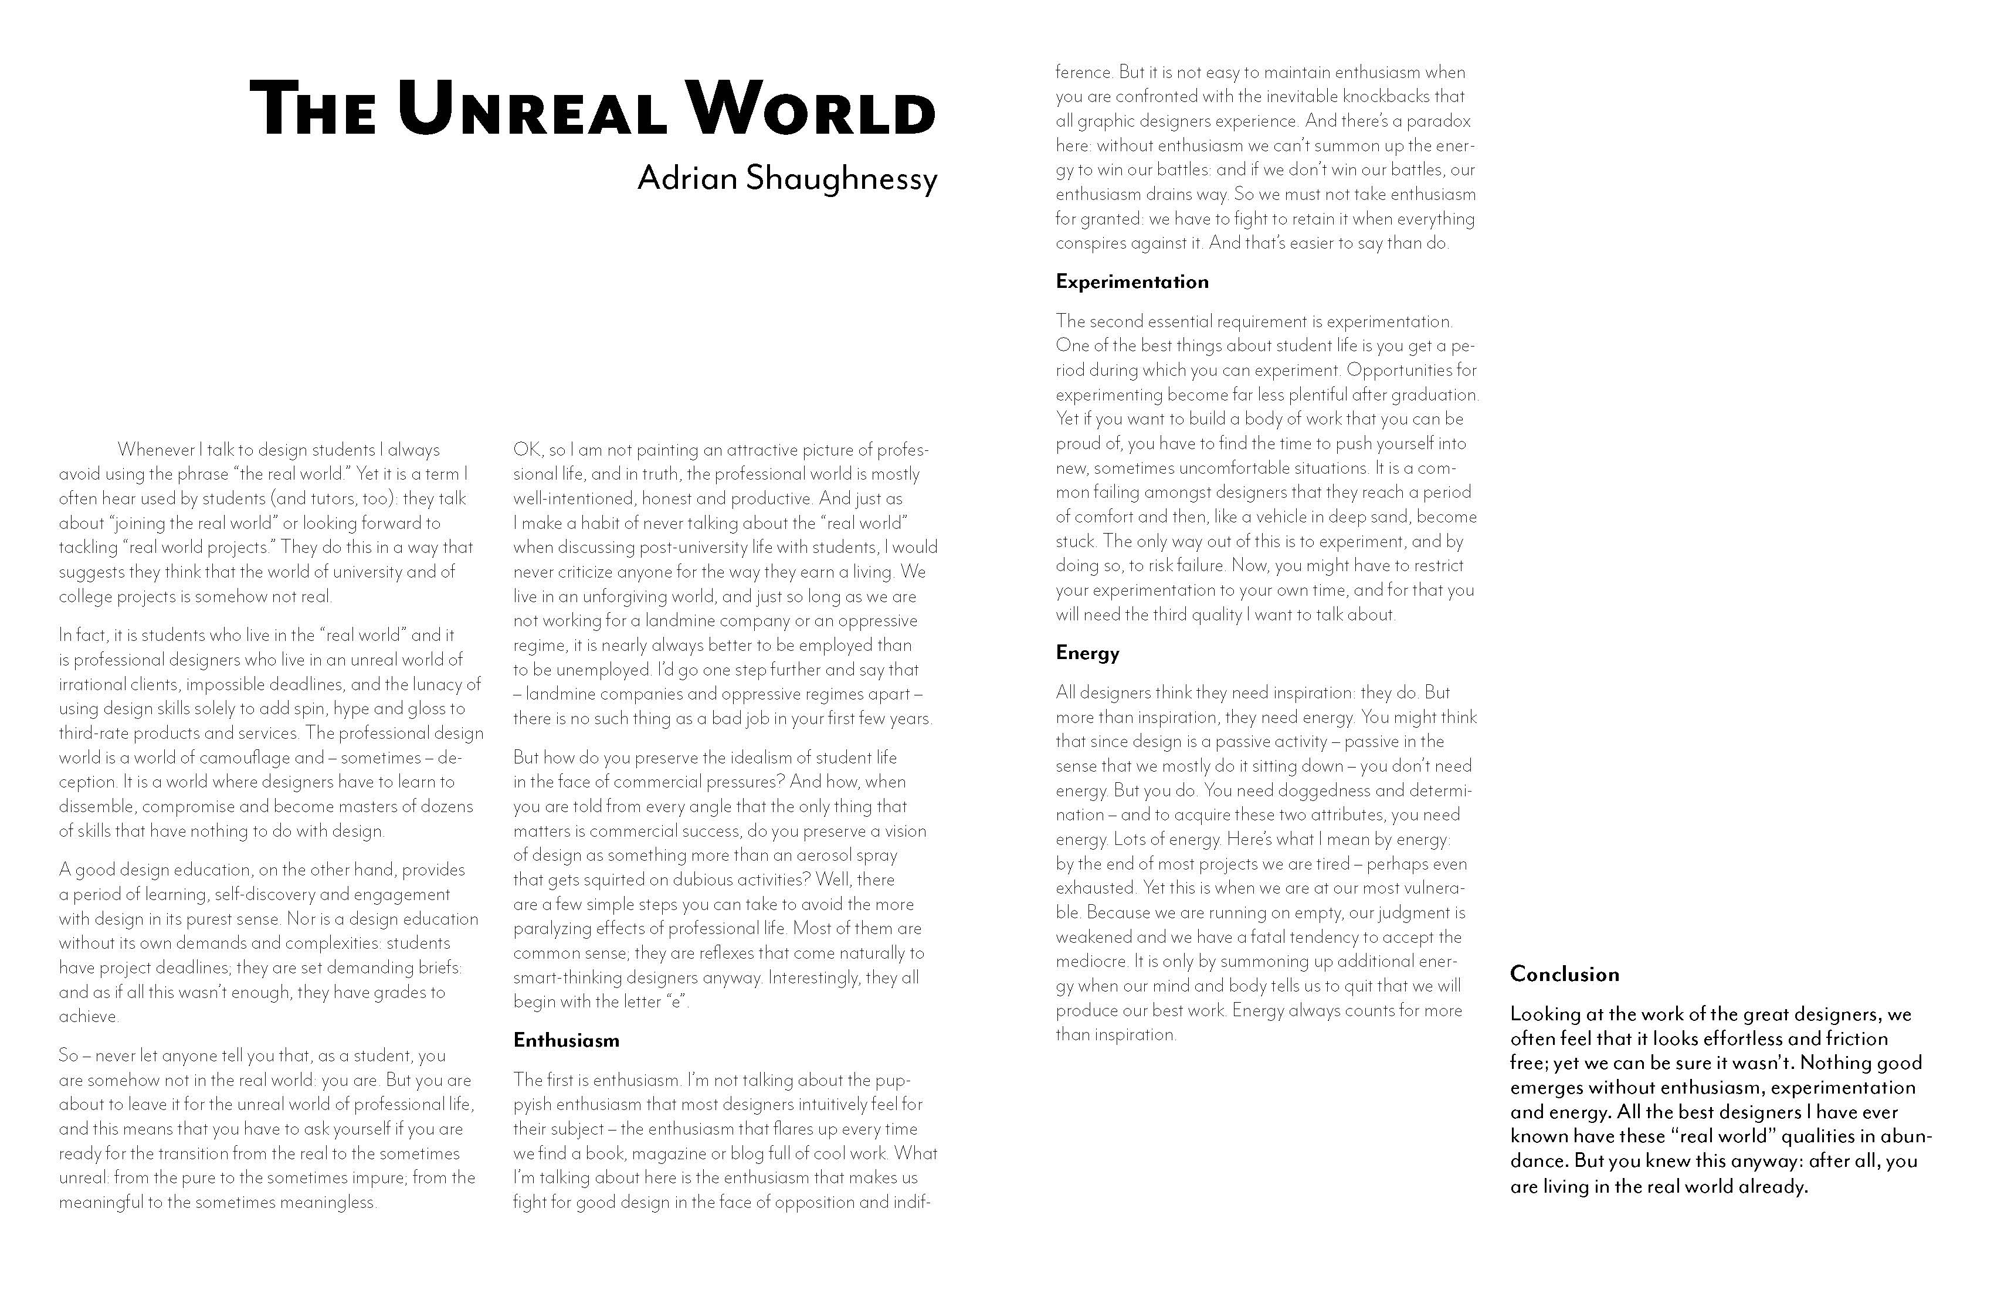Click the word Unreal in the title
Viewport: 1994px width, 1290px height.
pos(532,110)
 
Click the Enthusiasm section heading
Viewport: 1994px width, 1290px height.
pos(567,1040)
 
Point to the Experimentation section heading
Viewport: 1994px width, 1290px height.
pos(1132,281)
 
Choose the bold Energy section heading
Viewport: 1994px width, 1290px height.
pos(1087,653)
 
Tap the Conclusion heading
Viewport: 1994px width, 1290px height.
pos(1564,974)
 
